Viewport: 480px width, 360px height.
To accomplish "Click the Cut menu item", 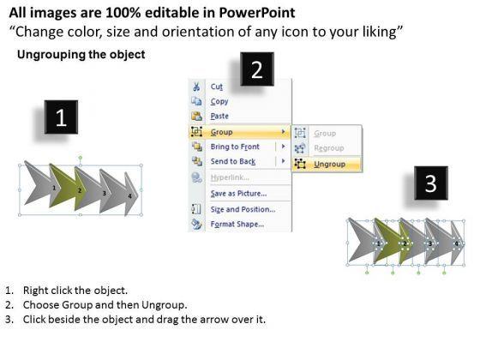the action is (x=216, y=87).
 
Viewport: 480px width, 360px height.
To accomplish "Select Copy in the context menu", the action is (x=219, y=101).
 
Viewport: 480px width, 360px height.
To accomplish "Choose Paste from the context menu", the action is (x=219, y=117).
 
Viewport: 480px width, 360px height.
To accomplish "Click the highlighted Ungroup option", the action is (x=330, y=164).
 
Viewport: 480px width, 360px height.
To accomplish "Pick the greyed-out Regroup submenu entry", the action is (x=329, y=148).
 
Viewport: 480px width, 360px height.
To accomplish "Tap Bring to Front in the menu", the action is (x=235, y=147).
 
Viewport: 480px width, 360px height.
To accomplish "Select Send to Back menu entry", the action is (x=233, y=161).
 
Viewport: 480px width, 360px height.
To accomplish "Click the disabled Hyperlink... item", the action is (x=230, y=177).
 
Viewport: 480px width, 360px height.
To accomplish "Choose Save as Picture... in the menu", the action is (x=238, y=194).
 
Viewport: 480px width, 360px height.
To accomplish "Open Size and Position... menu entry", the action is (x=243, y=209).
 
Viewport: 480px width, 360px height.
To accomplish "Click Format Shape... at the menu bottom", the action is (x=237, y=225).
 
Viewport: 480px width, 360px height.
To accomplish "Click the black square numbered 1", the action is (x=61, y=117).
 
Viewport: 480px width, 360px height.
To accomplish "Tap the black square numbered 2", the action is (x=257, y=69).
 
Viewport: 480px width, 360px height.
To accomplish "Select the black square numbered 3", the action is (x=431, y=183).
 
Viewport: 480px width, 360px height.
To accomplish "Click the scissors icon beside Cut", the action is (x=196, y=87).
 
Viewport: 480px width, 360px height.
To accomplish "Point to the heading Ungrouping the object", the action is (x=81, y=55).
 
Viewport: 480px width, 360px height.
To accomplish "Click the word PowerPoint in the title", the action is (x=257, y=13).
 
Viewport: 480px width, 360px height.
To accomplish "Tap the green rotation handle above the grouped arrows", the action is (x=81, y=158).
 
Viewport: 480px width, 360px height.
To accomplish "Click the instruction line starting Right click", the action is (x=75, y=291).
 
